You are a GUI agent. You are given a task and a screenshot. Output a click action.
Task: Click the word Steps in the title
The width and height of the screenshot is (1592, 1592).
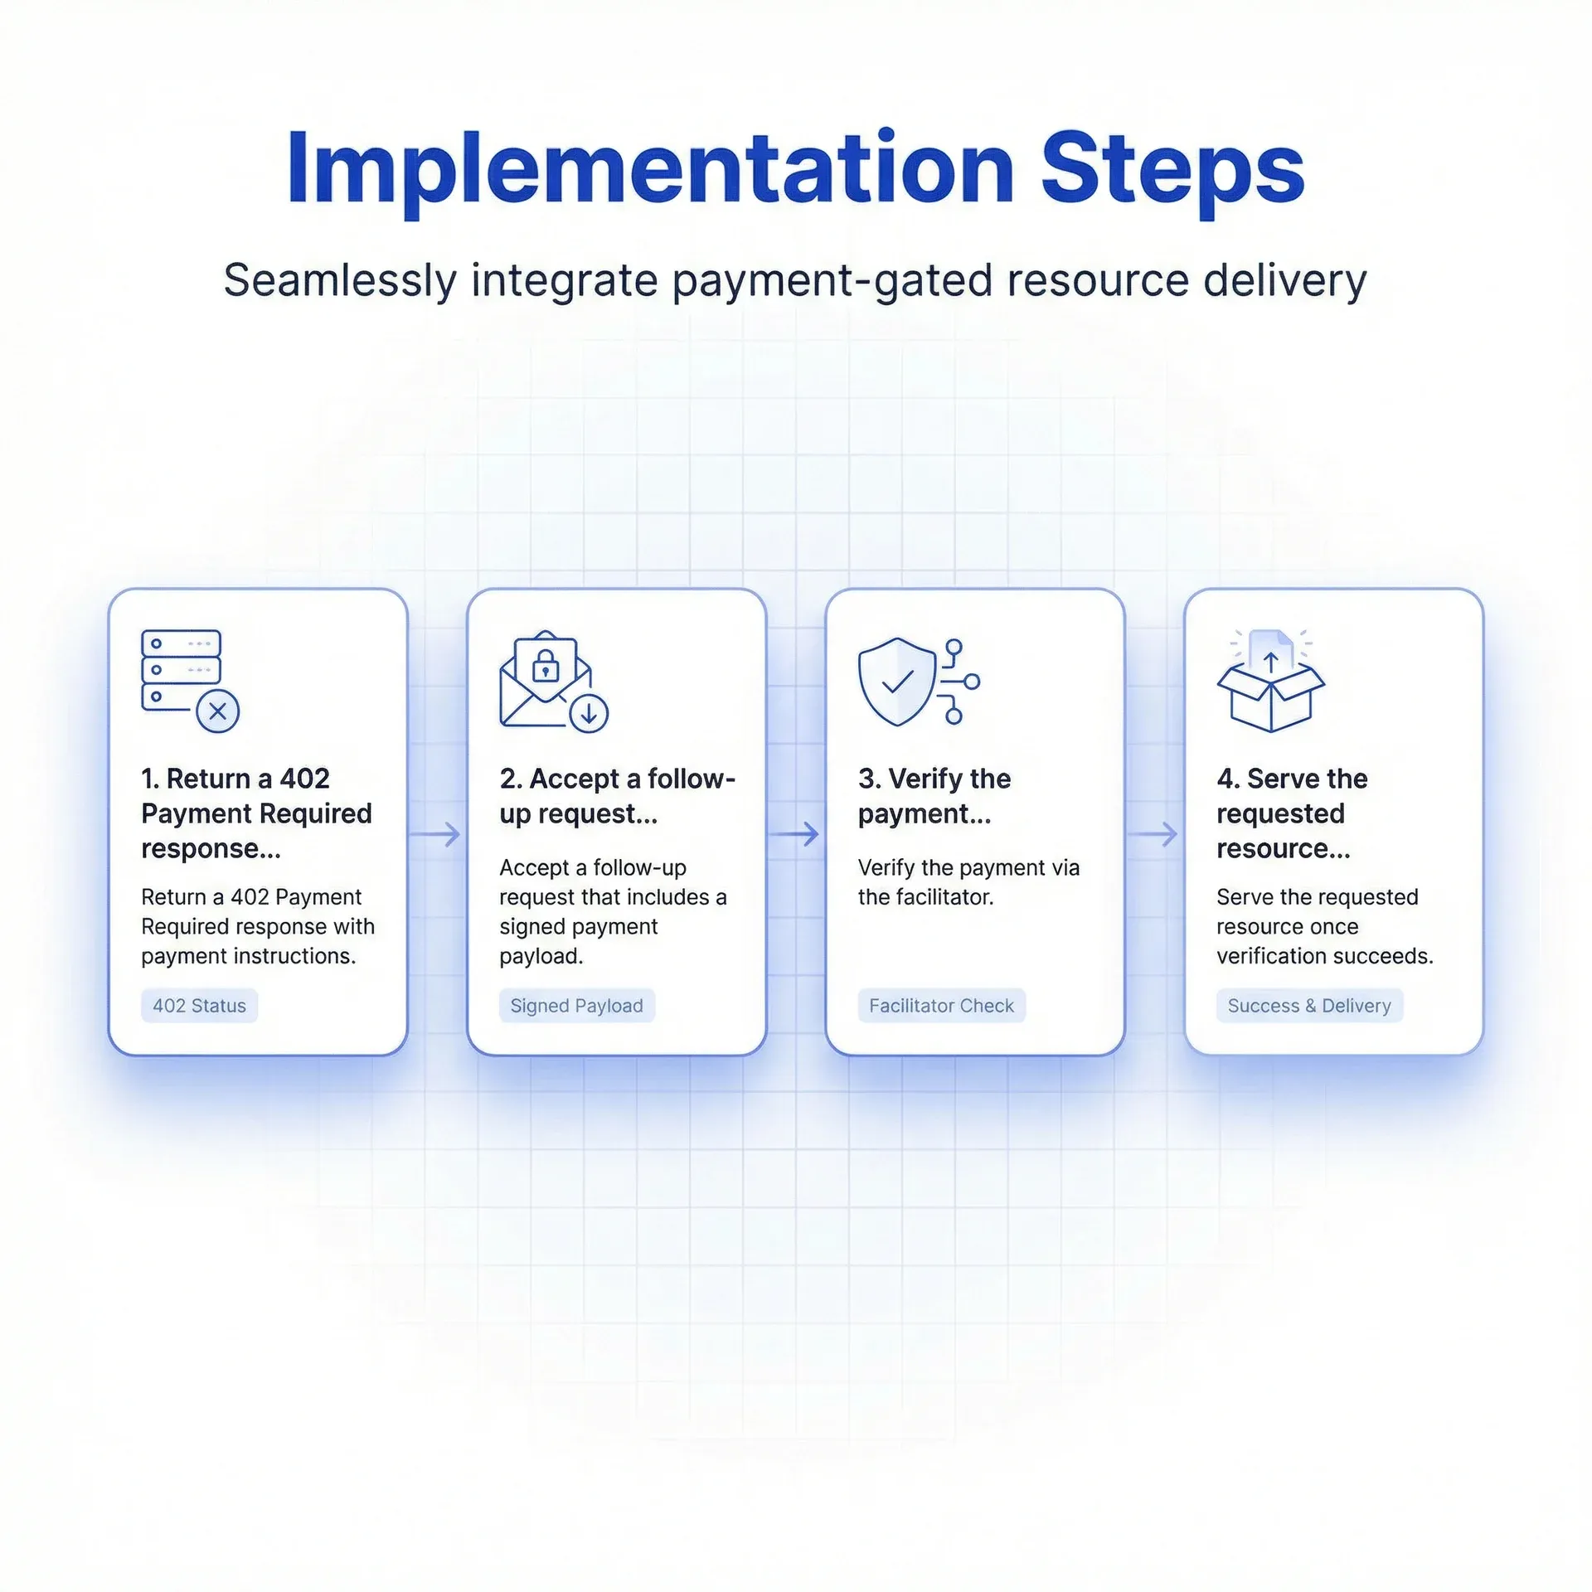tap(1172, 170)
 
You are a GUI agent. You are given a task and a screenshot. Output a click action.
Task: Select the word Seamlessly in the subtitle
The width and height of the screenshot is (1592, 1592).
tap(340, 280)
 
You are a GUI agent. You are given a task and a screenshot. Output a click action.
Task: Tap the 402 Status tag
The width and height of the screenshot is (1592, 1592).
tap(199, 1006)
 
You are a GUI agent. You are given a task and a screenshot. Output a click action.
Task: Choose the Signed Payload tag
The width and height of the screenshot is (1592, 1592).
tap(576, 1006)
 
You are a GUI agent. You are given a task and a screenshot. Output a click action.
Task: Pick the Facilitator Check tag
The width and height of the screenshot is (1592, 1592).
tap(941, 1006)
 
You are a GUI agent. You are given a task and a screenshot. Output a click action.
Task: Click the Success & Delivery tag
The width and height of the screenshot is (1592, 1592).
tap(1308, 1006)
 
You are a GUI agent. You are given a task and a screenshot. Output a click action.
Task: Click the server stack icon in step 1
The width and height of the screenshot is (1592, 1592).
tap(181, 670)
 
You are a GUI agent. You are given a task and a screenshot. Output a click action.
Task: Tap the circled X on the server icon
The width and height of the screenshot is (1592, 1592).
tap(218, 711)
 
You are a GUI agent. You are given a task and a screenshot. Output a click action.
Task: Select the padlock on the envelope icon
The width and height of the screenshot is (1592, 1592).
tap(545, 665)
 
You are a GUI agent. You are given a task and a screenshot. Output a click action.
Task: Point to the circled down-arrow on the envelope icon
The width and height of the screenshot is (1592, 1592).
tap(589, 713)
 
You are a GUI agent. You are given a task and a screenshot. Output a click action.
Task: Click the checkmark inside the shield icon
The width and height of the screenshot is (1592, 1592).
tap(897, 682)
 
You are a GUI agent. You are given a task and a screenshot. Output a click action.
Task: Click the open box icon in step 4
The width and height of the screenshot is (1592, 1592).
tap(1270, 696)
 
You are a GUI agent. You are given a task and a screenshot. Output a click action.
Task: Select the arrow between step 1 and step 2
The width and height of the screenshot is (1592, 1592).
tap(436, 833)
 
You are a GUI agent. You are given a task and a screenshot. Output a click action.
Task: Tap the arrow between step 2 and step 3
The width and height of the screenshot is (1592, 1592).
tap(795, 833)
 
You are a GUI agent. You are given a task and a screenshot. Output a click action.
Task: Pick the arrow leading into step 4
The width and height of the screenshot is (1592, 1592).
tap(1154, 833)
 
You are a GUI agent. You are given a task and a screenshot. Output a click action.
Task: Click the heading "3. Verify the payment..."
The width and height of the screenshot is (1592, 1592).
tap(934, 796)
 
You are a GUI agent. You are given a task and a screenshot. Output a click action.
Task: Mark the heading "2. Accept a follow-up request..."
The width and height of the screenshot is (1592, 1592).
tap(617, 796)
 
